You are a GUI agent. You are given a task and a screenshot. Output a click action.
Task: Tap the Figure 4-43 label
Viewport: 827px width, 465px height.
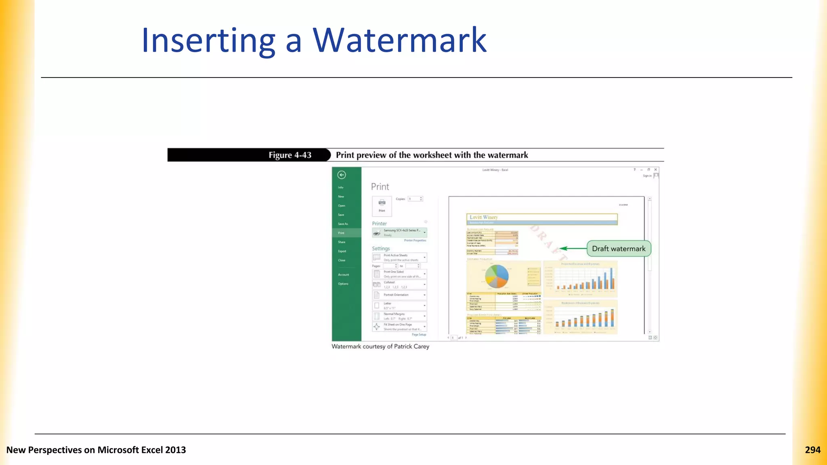tap(290, 155)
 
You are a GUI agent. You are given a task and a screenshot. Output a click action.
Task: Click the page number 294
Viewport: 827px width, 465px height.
tap(812, 450)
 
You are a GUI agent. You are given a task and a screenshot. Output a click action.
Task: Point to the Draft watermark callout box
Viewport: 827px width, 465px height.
tap(619, 249)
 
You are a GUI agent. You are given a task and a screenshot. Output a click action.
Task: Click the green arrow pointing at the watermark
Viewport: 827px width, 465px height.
tap(573, 249)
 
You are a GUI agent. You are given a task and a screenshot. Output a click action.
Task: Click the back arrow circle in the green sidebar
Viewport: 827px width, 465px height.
tap(342, 175)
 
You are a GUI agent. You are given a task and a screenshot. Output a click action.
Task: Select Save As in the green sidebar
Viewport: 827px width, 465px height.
tap(343, 224)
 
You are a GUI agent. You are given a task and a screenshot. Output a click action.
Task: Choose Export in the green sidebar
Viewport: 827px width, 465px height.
tap(342, 251)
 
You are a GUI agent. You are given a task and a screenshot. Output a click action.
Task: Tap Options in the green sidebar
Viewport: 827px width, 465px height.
tap(343, 284)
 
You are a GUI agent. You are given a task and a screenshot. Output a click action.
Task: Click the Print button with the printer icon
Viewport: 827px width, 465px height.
tap(382, 205)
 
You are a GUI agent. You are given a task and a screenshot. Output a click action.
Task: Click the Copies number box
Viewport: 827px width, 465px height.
tap(415, 199)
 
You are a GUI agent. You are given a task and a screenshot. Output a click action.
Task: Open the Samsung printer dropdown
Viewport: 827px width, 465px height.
tap(399, 232)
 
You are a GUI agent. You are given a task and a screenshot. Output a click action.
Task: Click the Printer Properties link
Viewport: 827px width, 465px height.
tap(415, 241)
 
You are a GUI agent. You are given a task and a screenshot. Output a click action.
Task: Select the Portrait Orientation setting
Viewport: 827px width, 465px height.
tap(399, 295)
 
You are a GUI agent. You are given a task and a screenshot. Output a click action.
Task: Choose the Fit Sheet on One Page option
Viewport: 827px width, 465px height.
tap(399, 327)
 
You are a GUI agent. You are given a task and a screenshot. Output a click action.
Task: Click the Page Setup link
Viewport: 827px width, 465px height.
tap(419, 335)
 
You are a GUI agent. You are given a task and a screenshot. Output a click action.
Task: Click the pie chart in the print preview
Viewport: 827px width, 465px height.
tap(497, 276)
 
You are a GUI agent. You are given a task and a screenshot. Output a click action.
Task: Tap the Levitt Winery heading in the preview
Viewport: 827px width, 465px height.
tap(484, 217)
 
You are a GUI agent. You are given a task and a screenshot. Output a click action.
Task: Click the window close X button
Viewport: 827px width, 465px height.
tap(655, 170)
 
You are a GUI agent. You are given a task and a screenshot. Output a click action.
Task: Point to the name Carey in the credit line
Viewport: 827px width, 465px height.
tap(421, 346)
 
